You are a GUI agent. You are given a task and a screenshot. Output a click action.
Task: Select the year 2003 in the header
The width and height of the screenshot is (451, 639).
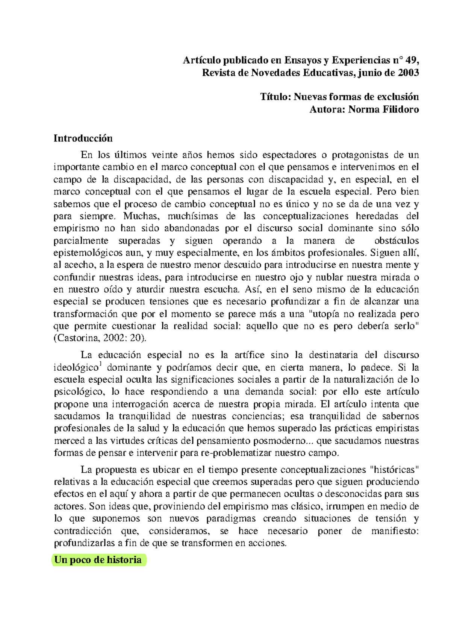408,73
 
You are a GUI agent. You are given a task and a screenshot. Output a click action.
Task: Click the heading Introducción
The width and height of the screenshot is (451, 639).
83,138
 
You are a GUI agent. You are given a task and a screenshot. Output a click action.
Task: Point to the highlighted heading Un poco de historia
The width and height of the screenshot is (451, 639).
98,560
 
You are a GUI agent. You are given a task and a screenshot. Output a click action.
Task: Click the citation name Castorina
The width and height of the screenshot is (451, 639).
78,338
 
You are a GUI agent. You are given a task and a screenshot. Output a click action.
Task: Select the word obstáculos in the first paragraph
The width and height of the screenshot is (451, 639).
397,241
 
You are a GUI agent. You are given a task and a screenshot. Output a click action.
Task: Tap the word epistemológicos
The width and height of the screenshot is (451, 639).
88,253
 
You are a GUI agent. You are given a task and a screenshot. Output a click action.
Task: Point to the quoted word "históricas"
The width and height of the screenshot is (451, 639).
394,470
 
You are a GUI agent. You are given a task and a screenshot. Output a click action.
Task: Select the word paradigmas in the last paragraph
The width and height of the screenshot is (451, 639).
231,519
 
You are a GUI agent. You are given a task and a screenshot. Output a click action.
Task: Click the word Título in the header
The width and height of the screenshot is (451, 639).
275,97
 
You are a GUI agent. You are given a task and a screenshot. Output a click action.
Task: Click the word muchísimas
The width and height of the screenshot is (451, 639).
192,216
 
